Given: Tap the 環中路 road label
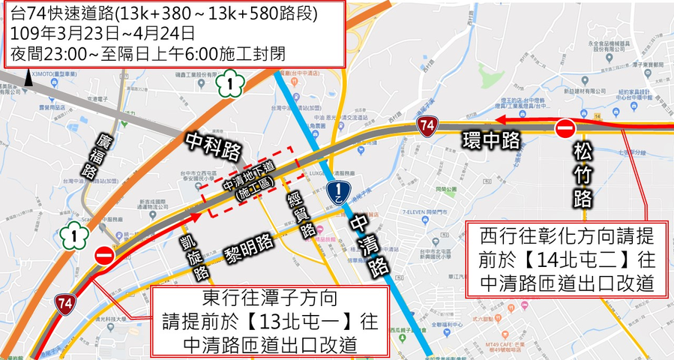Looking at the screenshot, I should click(490, 139).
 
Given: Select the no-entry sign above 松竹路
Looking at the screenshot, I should click(566, 129).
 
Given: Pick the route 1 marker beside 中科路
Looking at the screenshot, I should click(232, 83).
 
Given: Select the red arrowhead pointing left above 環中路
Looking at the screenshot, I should click(501, 120).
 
